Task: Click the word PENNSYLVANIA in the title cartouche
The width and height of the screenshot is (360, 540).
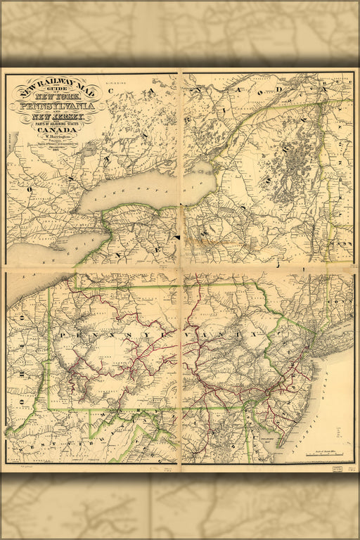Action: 63,105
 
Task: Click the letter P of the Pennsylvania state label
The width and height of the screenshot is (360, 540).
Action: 63,335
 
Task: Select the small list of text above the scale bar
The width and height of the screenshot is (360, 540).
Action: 325,444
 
